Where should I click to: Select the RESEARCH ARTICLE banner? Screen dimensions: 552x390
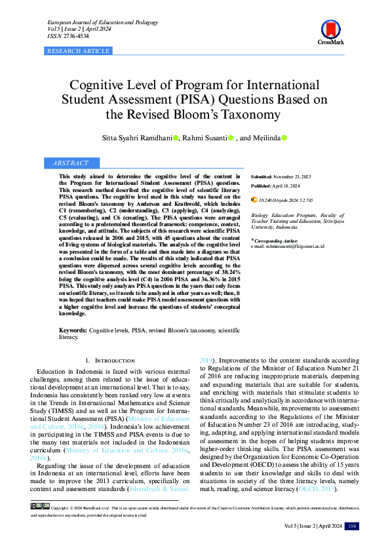coord(79,50)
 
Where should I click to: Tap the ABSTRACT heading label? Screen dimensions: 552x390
coord(70,163)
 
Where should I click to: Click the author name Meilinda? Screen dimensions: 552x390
coord(265,138)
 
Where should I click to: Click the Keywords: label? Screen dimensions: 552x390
coord(73,332)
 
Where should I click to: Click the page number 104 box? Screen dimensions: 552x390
coord(352,526)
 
